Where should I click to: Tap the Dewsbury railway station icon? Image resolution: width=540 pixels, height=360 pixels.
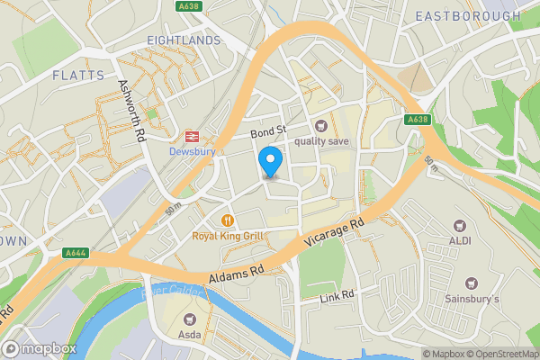(x=191, y=137)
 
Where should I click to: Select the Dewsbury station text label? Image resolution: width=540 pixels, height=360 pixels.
(x=191, y=151)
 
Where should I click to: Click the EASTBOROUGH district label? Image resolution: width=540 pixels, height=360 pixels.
(x=468, y=16)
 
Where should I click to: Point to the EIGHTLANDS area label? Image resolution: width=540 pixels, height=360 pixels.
(x=184, y=40)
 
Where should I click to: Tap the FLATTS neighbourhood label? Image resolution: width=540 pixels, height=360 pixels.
(x=77, y=75)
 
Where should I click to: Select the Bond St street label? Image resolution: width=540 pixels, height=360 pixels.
(x=267, y=132)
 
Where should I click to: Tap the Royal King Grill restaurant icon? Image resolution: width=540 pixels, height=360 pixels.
(x=228, y=220)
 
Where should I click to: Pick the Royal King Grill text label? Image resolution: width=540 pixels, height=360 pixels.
(x=228, y=236)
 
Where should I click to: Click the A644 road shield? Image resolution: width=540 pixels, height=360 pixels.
(x=76, y=255)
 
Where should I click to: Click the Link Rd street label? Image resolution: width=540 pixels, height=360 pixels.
(x=338, y=295)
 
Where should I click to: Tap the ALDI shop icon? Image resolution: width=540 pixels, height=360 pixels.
(x=460, y=225)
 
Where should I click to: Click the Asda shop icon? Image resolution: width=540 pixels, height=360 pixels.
(x=190, y=318)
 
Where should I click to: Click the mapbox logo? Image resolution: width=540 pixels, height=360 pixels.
(x=40, y=348)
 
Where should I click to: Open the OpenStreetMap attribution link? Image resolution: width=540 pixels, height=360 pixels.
(x=501, y=354)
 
